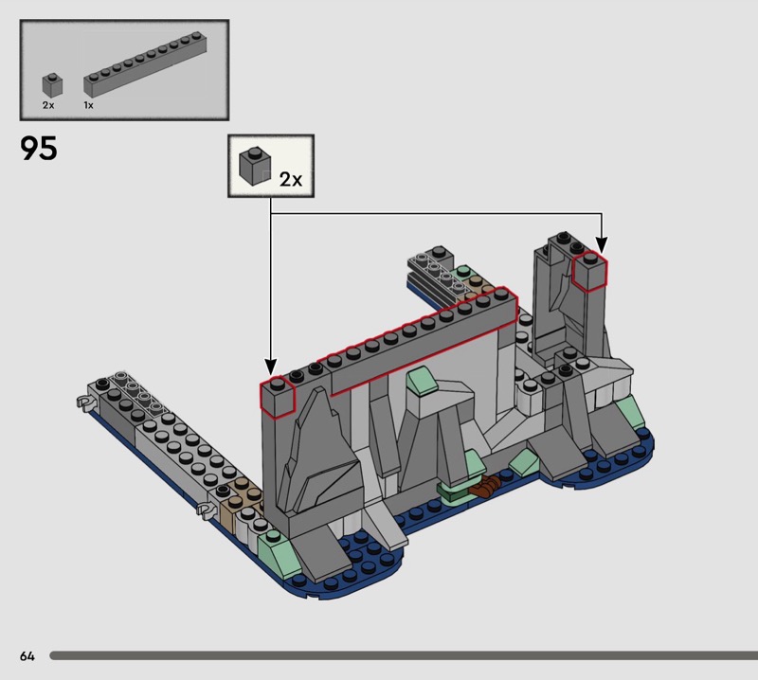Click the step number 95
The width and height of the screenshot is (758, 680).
coord(39,148)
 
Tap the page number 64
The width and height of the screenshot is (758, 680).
coord(27,655)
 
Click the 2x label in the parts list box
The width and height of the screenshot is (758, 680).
coord(48,105)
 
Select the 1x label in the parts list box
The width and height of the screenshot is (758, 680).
coord(88,105)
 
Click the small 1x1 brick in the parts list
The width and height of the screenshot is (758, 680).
coord(52,84)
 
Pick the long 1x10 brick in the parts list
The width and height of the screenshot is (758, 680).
coord(146,64)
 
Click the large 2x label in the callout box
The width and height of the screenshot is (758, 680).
coord(291,180)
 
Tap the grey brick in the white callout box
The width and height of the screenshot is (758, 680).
coord(254,166)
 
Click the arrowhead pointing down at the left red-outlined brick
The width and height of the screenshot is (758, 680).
coord(271,366)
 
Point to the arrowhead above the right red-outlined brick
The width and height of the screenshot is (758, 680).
coord(602,244)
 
